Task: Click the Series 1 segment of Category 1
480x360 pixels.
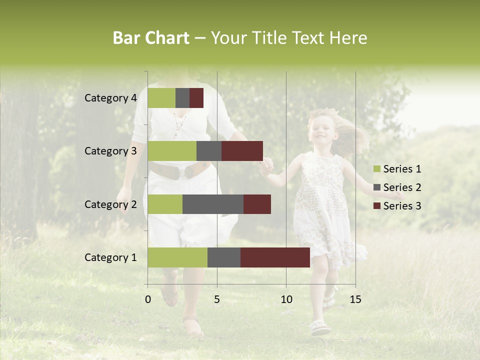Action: pyautogui.click(x=177, y=257)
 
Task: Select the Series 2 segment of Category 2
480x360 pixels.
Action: pyautogui.click(x=213, y=204)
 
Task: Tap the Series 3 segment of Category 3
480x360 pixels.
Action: pyautogui.click(x=242, y=151)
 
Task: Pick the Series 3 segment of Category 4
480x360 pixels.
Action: pyautogui.click(x=196, y=98)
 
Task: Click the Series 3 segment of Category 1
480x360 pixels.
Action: pyautogui.click(x=275, y=257)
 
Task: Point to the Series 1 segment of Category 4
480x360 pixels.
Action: pyautogui.click(x=161, y=98)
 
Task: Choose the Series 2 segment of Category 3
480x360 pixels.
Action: pyautogui.click(x=209, y=151)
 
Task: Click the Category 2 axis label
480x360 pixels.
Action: pyautogui.click(x=110, y=204)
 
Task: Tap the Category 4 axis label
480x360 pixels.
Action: pyautogui.click(x=110, y=98)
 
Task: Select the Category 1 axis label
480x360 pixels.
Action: pyautogui.click(x=110, y=257)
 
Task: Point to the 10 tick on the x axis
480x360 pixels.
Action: pyautogui.click(x=286, y=299)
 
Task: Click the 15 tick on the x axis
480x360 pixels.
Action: pyautogui.click(x=355, y=299)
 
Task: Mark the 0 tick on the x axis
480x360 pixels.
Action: pyautogui.click(x=147, y=299)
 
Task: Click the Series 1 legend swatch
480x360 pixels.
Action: pyautogui.click(x=376, y=169)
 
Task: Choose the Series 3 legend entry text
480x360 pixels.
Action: pyautogui.click(x=402, y=206)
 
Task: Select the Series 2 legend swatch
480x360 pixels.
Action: pyautogui.click(x=376, y=187)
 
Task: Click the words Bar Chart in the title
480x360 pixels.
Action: pyautogui.click(x=151, y=38)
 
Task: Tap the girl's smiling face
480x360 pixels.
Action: pyautogui.click(x=320, y=131)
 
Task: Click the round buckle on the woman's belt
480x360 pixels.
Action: pyautogui.click(x=187, y=171)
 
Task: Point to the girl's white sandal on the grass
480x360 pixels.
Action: pyautogui.click(x=320, y=327)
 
